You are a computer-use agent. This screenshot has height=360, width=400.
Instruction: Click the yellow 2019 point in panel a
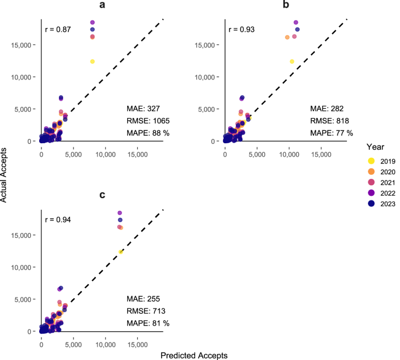click(x=92, y=61)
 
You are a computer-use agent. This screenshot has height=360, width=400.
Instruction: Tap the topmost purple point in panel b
click(x=296, y=22)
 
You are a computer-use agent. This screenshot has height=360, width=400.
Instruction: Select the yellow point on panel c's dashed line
click(x=121, y=252)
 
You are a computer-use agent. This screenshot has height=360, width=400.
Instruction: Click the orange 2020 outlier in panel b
click(x=287, y=37)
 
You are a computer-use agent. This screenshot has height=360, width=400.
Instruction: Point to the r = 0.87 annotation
click(x=58, y=30)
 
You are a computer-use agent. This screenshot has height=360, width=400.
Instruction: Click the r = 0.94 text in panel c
click(x=58, y=220)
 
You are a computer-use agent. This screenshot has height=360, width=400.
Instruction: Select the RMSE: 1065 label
click(x=148, y=121)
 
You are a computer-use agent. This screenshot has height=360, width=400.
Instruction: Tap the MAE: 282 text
click(x=327, y=109)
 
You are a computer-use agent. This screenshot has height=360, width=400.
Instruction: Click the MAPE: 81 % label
click(x=148, y=323)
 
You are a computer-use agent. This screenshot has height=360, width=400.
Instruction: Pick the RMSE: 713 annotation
click(x=146, y=311)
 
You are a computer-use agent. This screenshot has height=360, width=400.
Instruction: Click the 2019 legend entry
click(x=382, y=161)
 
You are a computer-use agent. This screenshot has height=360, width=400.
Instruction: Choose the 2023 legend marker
click(x=371, y=203)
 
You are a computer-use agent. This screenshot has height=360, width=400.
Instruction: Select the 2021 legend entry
click(x=382, y=182)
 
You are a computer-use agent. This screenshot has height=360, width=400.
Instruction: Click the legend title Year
click(x=375, y=147)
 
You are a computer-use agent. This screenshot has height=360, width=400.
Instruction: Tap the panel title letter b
click(x=286, y=4)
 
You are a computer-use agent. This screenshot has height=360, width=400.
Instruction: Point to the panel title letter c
click(x=102, y=195)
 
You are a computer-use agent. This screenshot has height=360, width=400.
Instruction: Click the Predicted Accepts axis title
click(x=194, y=355)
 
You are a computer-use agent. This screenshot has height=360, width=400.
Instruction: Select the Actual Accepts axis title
click(x=4, y=175)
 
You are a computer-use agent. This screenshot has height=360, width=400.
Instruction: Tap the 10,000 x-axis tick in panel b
click(x=289, y=154)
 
